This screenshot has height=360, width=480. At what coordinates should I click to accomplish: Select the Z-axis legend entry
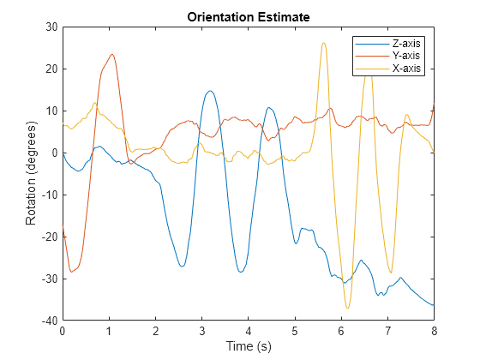tap(406, 43)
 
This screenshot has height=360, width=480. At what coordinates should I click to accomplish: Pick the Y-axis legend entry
tap(406, 55)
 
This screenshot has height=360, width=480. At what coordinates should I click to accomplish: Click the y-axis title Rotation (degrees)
tap(31, 174)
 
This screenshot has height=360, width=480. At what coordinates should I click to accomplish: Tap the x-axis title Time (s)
tap(248, 346)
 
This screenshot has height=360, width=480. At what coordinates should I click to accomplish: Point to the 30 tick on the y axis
tap(51, 27)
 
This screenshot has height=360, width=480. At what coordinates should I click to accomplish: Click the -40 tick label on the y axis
tap(48, 321)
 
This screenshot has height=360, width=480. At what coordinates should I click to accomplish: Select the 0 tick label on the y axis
tap(53, 153)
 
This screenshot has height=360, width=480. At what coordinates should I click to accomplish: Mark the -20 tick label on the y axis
tap(48, 237)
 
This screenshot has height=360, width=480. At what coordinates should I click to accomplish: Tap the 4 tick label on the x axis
tap(248, 331)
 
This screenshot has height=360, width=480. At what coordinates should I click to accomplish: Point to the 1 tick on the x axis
tap(109, 331)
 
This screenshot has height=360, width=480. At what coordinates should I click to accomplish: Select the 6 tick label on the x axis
tap(341, 331)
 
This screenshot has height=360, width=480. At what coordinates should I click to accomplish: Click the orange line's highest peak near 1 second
tap(111, 55)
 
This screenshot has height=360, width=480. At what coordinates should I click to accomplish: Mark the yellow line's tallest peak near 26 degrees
tap(323, 43)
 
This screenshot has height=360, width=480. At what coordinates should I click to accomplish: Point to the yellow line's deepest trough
tap(347, 308)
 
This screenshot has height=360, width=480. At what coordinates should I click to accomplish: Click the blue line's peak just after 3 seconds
tap(209, 91)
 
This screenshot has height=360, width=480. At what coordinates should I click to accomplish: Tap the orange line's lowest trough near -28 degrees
tap(72, 272)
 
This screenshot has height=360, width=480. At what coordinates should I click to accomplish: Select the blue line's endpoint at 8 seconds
tap(434, 305)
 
